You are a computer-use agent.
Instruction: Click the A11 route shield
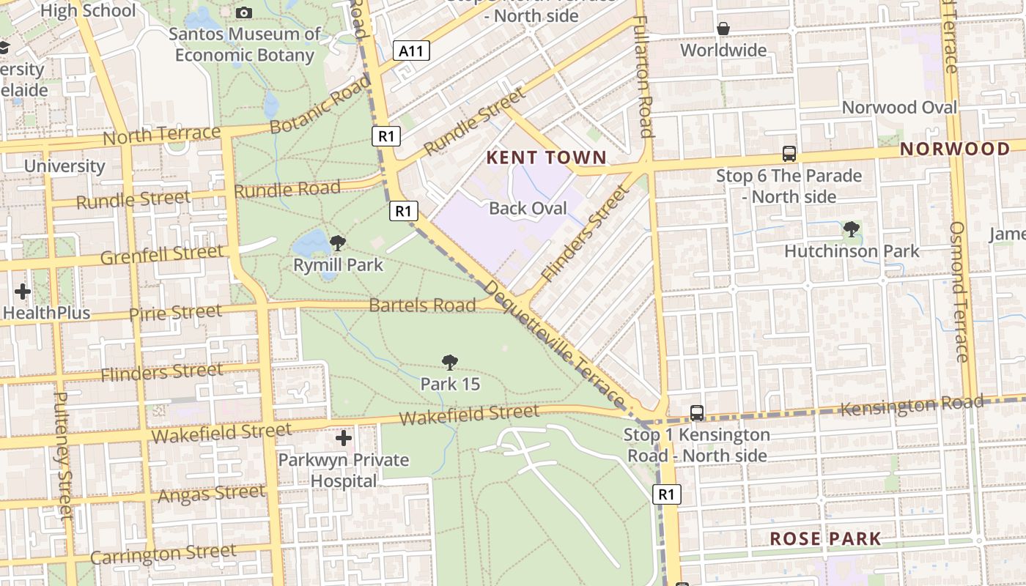(411, 51)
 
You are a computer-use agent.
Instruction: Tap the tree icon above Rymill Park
(338, 243)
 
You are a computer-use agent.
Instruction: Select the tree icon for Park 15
(450, 362)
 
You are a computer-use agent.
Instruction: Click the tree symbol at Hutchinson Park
(852, 230)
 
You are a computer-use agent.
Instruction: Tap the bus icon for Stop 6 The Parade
(789, 154)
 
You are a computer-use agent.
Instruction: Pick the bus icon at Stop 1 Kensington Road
(697, 413)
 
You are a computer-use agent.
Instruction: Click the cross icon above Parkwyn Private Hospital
(344, 439)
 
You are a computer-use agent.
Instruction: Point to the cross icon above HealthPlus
(23, 292)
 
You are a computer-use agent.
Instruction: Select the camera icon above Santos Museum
(244, 12)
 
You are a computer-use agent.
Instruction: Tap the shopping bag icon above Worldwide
(723, 29)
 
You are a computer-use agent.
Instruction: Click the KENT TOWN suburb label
(547, 157)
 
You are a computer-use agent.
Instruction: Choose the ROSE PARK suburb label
(825, 539)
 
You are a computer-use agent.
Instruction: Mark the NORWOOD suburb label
(955, 149)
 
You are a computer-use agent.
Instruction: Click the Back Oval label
(528, 208)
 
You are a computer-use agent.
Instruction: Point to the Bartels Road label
(422, 305)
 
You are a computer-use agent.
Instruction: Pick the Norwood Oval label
(899, 107)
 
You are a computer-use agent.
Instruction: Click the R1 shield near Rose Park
(666, 494)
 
